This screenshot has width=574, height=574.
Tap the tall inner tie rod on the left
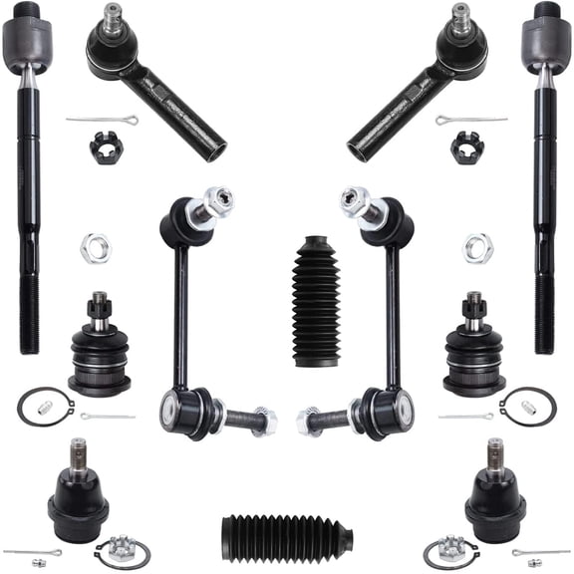click(27, 179)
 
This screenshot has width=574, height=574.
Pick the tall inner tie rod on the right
click(545, 179)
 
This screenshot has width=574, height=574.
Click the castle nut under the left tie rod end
click(103, 147)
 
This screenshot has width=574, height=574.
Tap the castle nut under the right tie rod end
click(465, 147)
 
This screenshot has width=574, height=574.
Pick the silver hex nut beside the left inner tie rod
click(94, 244)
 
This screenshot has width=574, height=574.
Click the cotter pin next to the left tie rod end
click(103, 121)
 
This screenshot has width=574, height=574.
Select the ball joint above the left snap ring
click(98, 344)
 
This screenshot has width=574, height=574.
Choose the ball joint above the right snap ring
click(474, 344)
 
